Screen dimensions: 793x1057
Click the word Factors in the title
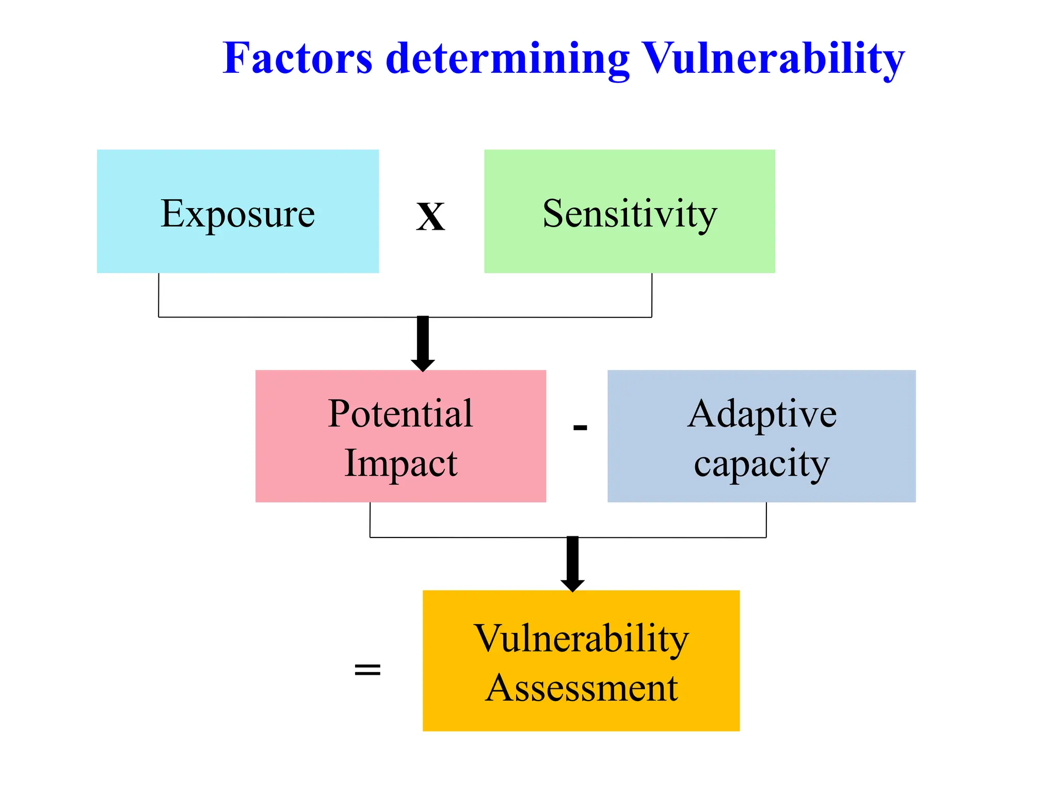pyautogui.click(x=297, y=58)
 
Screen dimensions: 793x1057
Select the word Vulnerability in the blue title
pyautogui.click(x=773, y=58)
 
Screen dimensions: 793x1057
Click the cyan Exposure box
pyautogui.click(x=237, y=211)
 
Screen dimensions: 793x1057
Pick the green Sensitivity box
pyautogui.click(x=629, y=211)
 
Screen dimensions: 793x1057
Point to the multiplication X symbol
pyautogui.click(x=430, y=217)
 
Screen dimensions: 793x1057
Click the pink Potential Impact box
pyautogui.click(x=401, y=436)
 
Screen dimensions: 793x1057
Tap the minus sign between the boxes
pyautogui.click(x=580, y=427)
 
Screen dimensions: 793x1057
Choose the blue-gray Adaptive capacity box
pyautogui.click(x=761, y=436)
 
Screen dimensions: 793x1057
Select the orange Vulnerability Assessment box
pyautogui.click(x=581, y=660)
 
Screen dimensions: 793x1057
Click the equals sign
pyautogui.click(x=367, y=670)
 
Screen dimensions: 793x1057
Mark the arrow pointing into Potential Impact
pyautogui.click(x=423, y=343)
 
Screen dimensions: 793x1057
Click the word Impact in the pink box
pyautogui.click(x=401, y=463)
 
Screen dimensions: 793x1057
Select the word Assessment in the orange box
pyautogui.click(x=581, y=688)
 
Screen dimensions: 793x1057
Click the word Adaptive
pyautogui.click(x=762, y=414)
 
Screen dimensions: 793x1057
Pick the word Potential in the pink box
pyautogui.click(x=401, y=414)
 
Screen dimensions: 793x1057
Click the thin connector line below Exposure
pyautogui.click(x=158, y=295)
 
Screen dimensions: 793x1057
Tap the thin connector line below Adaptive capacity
pyautogui.click(x=766, y=520)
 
